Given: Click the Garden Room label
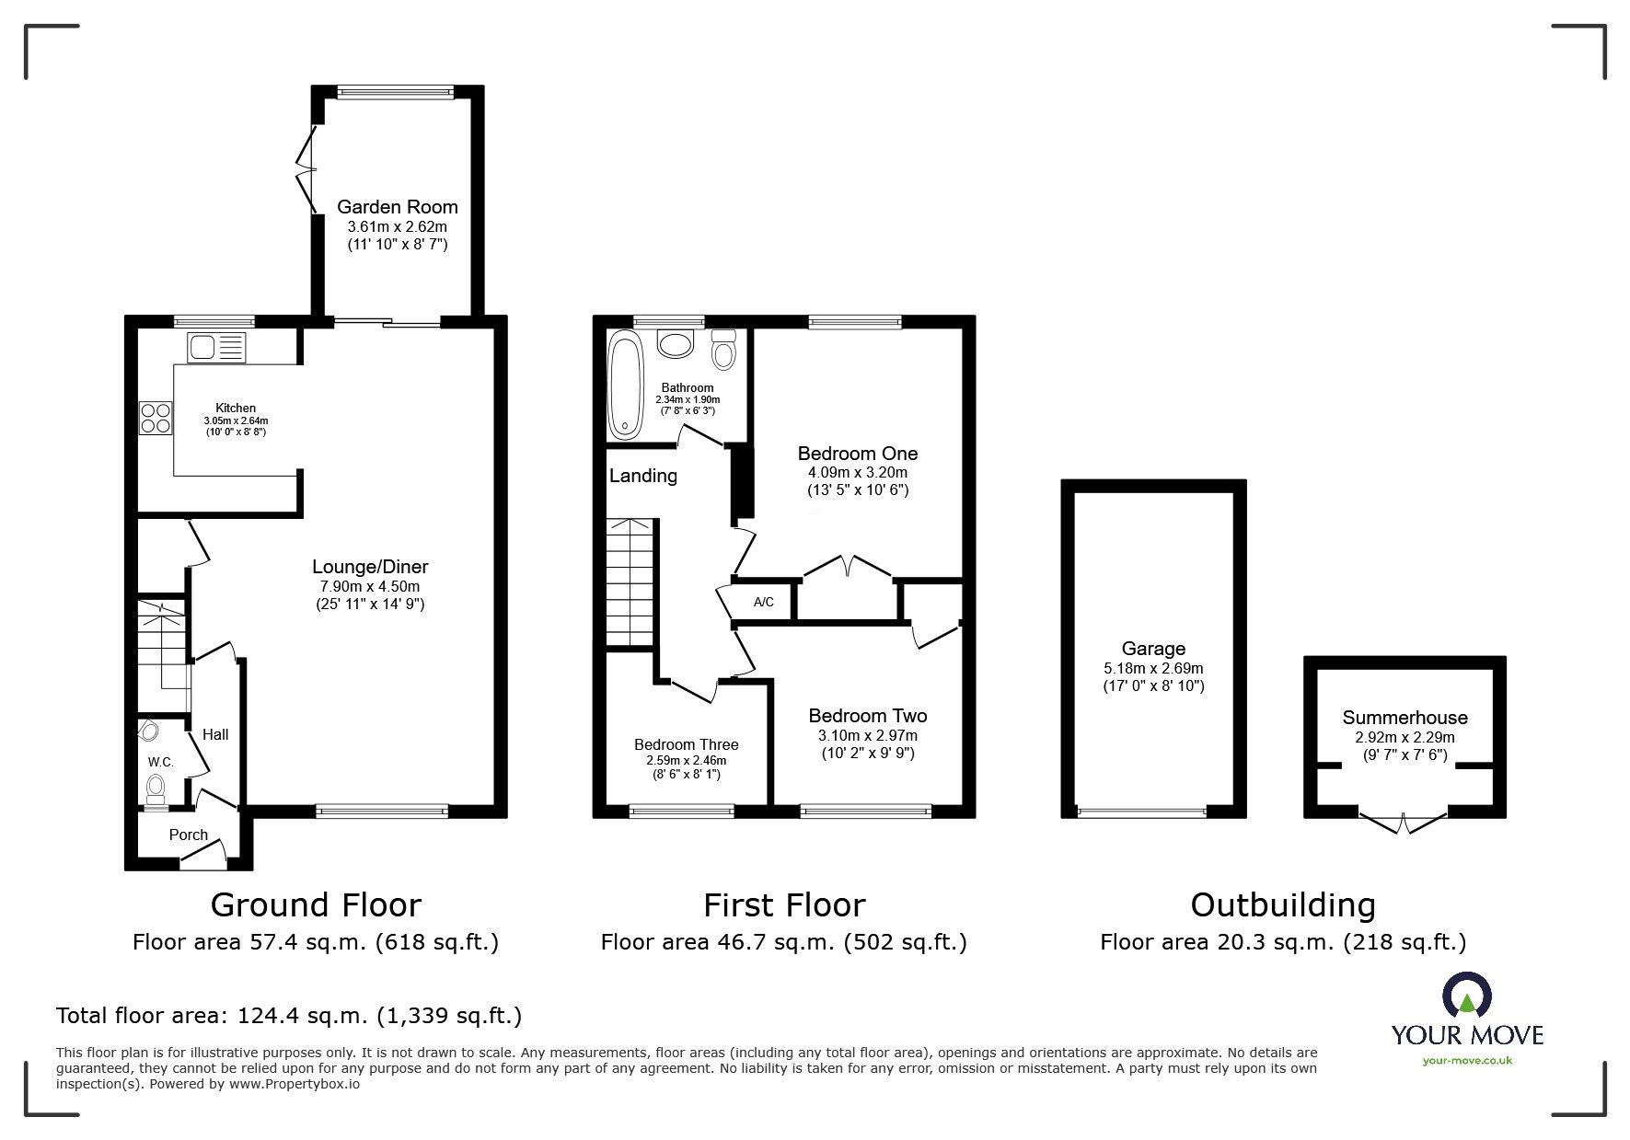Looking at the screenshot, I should pyautogui.click(x=397, y=206).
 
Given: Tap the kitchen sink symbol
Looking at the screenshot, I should pyautogui.click(x=217, y=347).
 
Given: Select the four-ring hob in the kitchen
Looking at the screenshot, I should pyautogui.click(x=155, y=418).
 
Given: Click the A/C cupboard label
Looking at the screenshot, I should pyautogui.click(x=764, y=603).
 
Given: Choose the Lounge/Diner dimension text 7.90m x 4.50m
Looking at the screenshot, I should pyautogui.click(x=369, y=586).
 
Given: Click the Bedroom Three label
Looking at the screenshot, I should pyautogui.click(x=686, y=744).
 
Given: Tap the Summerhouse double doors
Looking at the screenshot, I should pyautogui.click(x=1404, y=822).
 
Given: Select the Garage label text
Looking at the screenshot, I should pyautogui.click(x=1153, y=649).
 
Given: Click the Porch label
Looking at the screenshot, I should pyautogui.click(x=189, y=835).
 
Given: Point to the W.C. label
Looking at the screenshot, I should pyautogui.click(x=161, y=763).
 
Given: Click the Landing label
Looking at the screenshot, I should pyautogui.click(x=642, y=476).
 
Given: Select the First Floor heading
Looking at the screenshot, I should pyautogui.click(x=784, y=905).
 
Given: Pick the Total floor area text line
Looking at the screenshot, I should pyautogui.click(x=289, y=1016).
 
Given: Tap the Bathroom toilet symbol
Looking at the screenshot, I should pyautogui.click(x=724, y=351).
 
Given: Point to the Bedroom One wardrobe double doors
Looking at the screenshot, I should pyautogui.click(x=849, y=565).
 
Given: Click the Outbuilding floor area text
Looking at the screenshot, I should pyautogui.click(x=1283, y=942).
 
